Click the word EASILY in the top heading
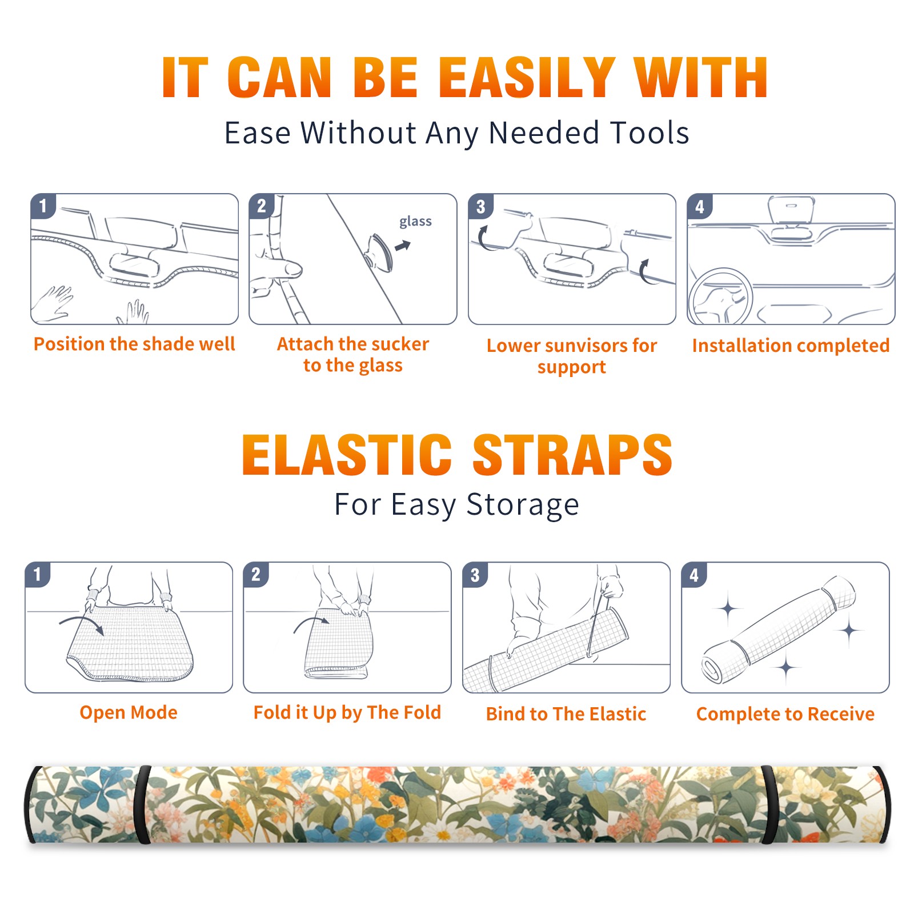(527, 78)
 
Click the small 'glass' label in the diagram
(415, 221)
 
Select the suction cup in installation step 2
(379, 252)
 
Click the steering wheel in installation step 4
(720, 297)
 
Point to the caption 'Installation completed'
(791, 345)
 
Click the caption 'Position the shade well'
(134, 344)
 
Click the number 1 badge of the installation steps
(43, 205)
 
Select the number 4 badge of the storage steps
(694, 574)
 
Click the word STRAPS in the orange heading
(572, 455)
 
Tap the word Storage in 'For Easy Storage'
(523, 505)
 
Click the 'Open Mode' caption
(129, 712)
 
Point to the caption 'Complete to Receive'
(785, 714)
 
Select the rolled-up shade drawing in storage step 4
(779, 630)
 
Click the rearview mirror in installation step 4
(791, 211)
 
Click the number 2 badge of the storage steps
(256, 574)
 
